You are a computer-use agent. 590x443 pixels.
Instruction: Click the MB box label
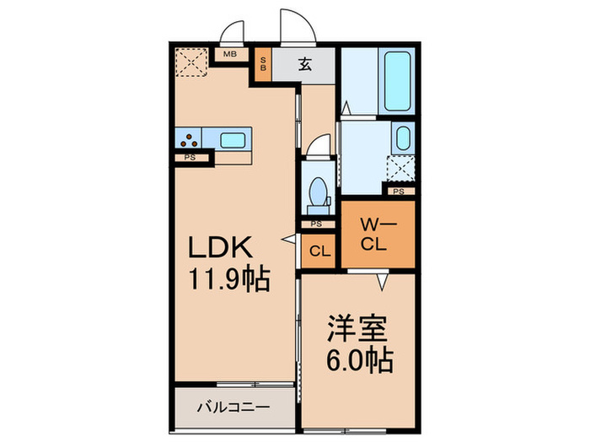pos(229,55)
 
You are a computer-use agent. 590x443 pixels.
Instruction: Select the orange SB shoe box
pos(263,65)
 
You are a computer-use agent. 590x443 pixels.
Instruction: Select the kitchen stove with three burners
pos(190,139)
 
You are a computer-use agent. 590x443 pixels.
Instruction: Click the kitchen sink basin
pos(232,139)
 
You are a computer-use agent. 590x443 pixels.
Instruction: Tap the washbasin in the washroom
pos(402,138)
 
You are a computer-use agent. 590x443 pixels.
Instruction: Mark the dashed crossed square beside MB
pos(191,62)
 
